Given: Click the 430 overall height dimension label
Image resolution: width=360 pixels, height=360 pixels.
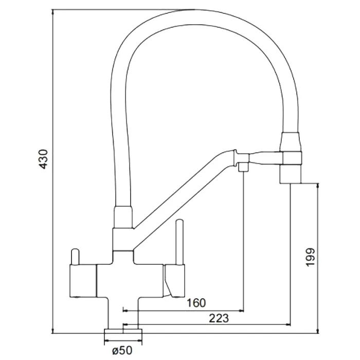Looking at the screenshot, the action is click(x=43, y=159).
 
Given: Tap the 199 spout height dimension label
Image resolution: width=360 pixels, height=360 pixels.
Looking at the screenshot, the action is click(x=310, y=257).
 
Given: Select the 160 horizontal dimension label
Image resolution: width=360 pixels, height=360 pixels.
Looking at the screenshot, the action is click(x=196, y=303).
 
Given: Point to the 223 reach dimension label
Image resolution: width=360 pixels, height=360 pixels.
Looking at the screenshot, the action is click(x=219, y=318).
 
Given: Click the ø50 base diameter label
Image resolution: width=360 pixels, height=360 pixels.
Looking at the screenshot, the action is click(x=122, y=350).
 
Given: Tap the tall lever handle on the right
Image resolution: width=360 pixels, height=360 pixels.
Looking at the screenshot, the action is click(x=179, y=242).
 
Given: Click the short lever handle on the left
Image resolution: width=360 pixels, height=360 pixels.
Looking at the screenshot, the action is click(x=75, y=257).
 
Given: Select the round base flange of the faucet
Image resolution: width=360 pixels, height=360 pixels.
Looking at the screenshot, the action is click(x=123, y=331).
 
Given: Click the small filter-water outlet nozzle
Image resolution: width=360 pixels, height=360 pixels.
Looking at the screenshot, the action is click(x=243, y=167).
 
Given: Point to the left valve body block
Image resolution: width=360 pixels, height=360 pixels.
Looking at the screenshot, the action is click(x=83, y=281).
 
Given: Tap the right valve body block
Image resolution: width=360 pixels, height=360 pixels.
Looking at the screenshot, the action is click(x=174, y=281).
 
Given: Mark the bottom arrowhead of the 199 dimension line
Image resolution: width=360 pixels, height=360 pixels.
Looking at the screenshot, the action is click(x=317, y=331).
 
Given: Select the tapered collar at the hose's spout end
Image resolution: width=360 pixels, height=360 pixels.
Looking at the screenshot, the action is click(x=290, y=141).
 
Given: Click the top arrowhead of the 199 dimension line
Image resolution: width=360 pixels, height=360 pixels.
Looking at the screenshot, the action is click(x=317, y=186).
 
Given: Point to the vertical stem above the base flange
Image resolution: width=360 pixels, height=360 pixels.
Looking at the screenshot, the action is click(x=123, y=313).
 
